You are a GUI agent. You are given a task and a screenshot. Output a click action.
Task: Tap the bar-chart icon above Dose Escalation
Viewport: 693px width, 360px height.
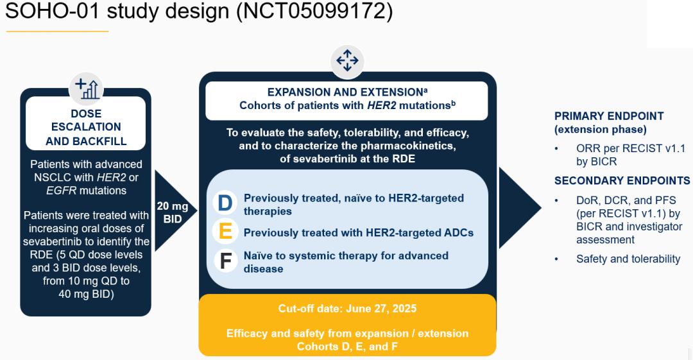pos(86,89)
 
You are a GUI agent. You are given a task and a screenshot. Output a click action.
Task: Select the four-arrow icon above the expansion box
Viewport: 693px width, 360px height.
pos(347,60)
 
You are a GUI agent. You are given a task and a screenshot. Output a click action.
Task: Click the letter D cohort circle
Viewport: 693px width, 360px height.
pos(225,203)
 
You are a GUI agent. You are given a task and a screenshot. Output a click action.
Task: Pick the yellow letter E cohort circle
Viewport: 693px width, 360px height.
pos(225,231)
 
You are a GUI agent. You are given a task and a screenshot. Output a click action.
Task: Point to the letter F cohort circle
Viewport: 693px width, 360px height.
pos(225,261)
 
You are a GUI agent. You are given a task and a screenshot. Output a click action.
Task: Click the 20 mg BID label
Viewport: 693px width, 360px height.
pos(173,212)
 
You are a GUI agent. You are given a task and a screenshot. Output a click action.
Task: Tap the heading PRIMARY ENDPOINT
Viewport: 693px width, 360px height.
pos(609,116)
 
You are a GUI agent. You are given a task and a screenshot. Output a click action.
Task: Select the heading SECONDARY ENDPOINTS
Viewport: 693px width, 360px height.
pos(622,180)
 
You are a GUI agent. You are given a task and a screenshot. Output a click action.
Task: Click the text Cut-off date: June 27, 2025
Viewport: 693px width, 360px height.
pos(347,308)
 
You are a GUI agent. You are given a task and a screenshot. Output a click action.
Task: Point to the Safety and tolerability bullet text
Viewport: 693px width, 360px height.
pos(628,259)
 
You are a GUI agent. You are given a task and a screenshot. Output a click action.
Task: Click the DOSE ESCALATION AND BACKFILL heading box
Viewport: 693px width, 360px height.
pos(86,123)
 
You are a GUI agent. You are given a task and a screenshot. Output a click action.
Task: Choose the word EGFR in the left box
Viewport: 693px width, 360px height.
pos(61,191)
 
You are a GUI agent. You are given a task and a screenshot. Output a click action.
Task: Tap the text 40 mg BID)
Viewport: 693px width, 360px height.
pos(86,294)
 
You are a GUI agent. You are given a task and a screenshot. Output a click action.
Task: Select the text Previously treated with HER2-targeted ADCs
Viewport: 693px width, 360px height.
pos(359,233)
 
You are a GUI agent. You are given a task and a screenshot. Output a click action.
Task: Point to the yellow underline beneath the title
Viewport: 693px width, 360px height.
pos(57,31)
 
